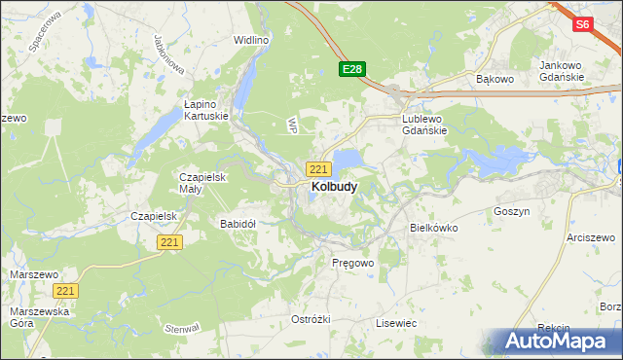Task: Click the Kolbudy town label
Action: coord(333,186)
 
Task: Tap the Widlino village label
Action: coord(250,40)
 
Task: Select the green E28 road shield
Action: coord(352,69)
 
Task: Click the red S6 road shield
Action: coord(582,25)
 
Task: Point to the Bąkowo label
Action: coord(493,78)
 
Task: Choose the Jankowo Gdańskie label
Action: coord(562,71)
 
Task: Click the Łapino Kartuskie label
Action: coord(206,109)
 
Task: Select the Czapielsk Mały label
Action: coord(202,184)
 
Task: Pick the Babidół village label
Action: coord(238,223)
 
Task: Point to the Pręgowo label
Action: coord(352,263)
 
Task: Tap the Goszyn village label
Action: coord(511,210)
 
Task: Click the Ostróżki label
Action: coord(311,319)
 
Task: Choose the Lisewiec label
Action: coord(396,322)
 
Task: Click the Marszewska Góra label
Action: coord(30,318)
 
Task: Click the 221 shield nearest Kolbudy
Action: coord(317,168)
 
